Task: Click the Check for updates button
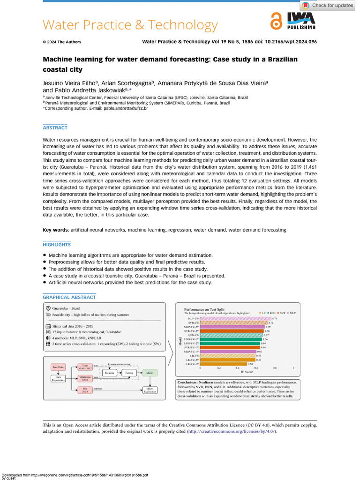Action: coord(328,6)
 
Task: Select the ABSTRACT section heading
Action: coord(55,127)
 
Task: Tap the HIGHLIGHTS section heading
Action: coord(57,245)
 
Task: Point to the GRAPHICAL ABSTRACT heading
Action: coord(69,297)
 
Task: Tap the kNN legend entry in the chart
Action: coord(271,312)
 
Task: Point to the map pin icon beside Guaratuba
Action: coord(48,307)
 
